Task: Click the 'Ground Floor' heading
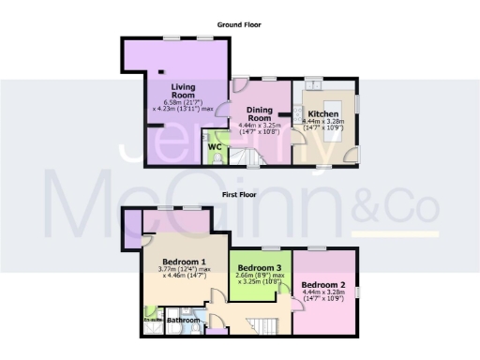239,24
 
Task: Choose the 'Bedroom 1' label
184,262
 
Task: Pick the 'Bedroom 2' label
324,284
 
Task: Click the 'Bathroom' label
183,321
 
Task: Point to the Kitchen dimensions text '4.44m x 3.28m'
324,120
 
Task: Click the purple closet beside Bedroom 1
132,225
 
